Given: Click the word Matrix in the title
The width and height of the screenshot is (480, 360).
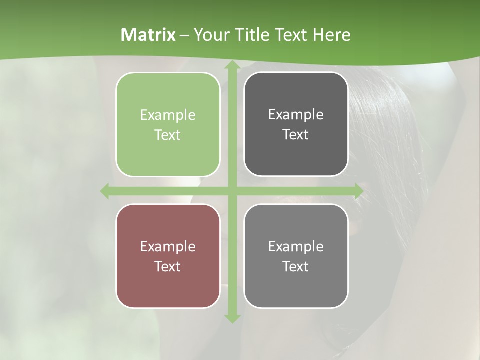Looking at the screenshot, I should (148, 35).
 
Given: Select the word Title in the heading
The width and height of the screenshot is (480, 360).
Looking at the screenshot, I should (251, 35).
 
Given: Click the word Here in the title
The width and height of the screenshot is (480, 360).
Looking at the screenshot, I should (331, 35).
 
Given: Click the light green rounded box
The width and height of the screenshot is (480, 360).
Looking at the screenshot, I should (168, 124).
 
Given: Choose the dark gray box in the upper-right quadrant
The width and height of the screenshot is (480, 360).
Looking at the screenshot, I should (296, 124).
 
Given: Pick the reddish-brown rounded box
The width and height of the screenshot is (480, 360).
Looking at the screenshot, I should (168, 256).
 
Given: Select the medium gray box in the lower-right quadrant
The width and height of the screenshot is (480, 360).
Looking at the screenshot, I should (296, 256).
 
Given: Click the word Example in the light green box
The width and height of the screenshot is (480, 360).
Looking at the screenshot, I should (168, 115).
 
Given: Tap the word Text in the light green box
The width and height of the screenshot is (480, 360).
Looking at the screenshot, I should (168, 135).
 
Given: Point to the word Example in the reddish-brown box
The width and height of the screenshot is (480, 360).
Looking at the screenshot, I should (168, 246).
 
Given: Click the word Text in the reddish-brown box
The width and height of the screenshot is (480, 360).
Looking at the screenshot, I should (168, 266).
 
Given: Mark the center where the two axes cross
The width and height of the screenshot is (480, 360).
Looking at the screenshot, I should (232, 191).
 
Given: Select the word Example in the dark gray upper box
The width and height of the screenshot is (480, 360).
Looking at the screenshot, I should (296, 115).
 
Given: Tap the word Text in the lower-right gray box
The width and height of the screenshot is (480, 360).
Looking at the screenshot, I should (296, 266).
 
